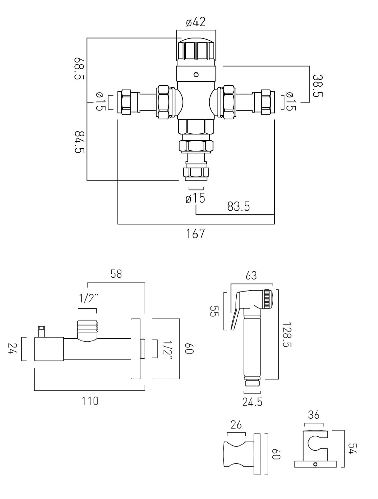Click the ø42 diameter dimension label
click(196, 22)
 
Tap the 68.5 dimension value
click(79, 68)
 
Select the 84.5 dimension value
click(79, 142)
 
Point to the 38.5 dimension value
click(318, 86)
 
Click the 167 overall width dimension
click(196, 234)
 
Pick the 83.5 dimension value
click(238, 206)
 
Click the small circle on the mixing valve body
click(196, 74)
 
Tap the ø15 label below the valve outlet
click(195, 198)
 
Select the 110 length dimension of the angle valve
click(90, 401)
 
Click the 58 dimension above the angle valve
click(116, 274)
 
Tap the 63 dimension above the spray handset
click(251, 276)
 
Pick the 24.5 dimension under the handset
click(252, 402)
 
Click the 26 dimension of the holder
click(236, 425)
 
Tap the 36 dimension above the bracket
click(314, 415)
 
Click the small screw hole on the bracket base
click(315, 464)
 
